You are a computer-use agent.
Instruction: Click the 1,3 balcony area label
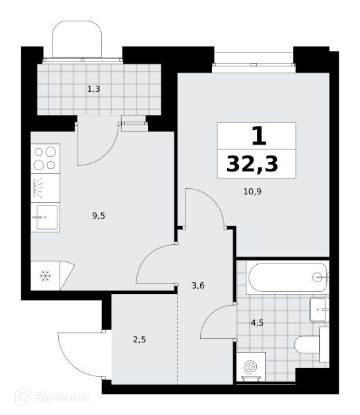click(x=93, y=89)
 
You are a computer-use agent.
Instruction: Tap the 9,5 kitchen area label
click(x=98, y=216)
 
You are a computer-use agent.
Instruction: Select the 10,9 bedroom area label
click(x=253, y=192)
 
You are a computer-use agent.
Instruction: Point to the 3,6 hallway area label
click(x=198, y=285)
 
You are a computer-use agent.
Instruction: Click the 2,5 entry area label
click(x=140, y=340)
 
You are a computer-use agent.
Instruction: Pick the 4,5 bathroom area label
click(x=258, y=323)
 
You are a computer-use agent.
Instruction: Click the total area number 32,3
click(x=252, y=164)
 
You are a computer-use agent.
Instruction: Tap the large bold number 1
click(x=259, y=136)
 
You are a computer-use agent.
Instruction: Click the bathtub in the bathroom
click(x=288, y=277)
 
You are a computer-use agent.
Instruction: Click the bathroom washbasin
click(x=319, y=309)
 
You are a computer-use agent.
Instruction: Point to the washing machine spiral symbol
click(x=251, y=367)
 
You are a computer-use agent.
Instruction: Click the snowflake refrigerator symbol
click(x=45, y=276)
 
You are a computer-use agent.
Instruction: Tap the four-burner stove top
click(x=45, y=158)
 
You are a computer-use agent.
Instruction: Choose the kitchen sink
click(x=45, y=217)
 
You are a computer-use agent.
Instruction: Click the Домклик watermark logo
click(x=52, y=397)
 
